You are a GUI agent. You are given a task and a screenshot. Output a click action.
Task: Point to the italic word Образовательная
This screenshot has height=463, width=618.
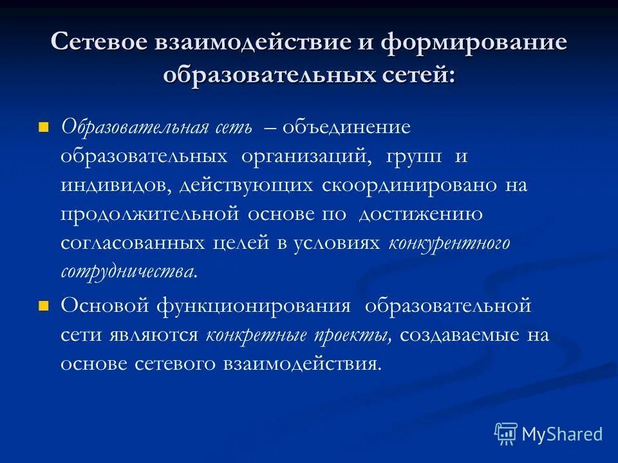[134, 127]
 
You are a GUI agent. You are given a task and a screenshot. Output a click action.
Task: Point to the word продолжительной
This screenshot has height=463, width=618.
[150, 215]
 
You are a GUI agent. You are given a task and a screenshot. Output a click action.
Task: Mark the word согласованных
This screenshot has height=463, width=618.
[133, 244]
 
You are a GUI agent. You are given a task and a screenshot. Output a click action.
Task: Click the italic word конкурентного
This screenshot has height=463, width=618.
[449, 244]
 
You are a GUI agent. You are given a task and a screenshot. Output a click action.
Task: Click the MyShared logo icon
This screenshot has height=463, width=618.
[506, 434]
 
